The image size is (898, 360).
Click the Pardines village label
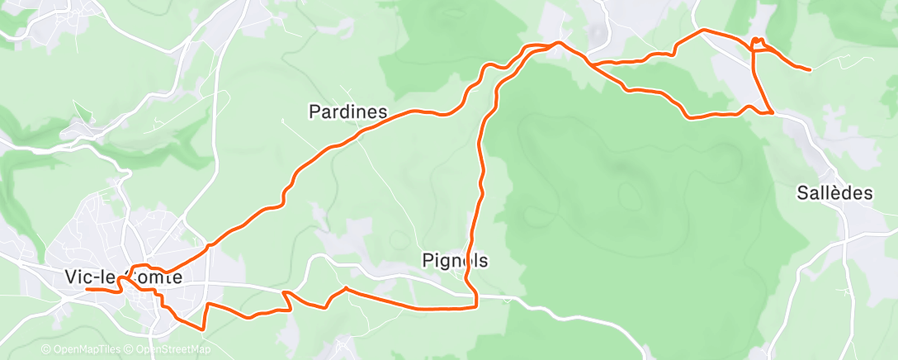[x=347, y=111]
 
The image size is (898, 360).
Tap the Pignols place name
[x=455, y=261]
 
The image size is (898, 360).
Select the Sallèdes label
[x=834, y=193]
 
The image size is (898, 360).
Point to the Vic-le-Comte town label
[x=123, y=278]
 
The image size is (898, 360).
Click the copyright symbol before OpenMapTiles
[x=45, y=350]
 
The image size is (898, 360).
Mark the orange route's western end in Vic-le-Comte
[x=87, y=290]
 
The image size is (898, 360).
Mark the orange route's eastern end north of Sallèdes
[x=809, y=70]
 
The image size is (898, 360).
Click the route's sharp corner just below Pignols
[x=476, y=306]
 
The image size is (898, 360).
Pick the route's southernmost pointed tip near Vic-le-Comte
[x=201, y=329]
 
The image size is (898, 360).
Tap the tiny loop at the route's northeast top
[x=757, y=40]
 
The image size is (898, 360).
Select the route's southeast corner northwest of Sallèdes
[x=772, y=112]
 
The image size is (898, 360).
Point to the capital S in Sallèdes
[x=802, y=193]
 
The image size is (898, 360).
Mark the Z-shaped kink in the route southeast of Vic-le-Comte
[x=287, y=301]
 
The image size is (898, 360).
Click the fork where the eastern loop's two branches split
[x=588, y=63]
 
